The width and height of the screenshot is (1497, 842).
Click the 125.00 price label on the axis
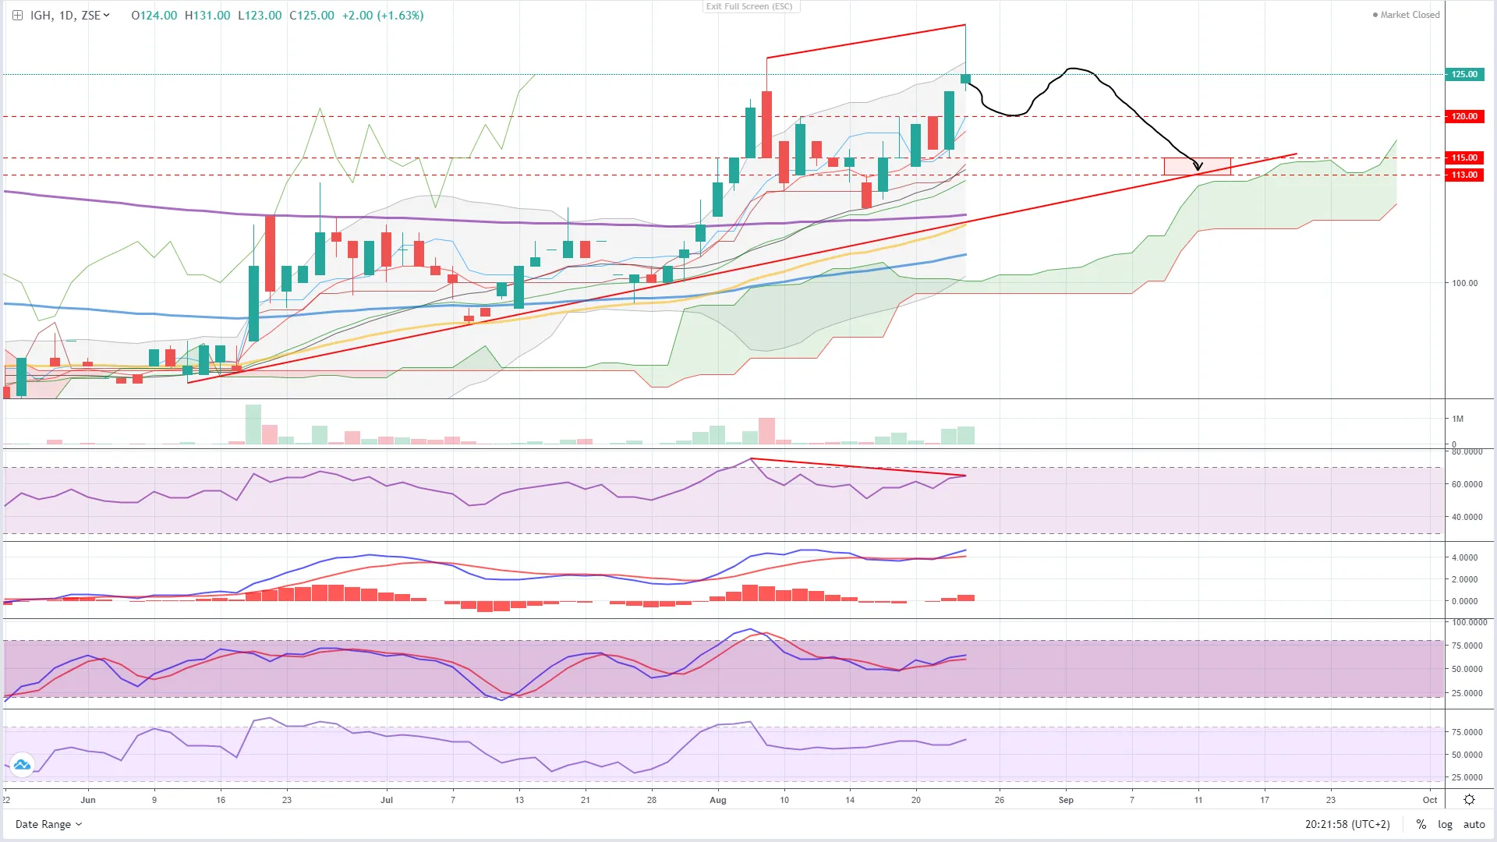tap(1463, 74)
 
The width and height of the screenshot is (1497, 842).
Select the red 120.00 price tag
tap(1463, 116)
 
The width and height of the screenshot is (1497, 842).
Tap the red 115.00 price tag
tap(1463, 157)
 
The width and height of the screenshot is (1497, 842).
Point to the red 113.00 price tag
tap(1463, 175)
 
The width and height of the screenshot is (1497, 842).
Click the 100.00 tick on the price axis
tap(1464, 283)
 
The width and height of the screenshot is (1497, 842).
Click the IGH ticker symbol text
tap(41, 15)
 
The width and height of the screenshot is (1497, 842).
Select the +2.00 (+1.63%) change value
tap(382, 15)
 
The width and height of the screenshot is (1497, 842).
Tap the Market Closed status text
tap(1410, 15)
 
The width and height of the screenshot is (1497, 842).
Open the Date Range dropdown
tap(48, 824)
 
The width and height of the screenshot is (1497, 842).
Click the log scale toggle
tap(1445, 824)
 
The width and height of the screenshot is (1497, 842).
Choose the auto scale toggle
tap(1474, 824)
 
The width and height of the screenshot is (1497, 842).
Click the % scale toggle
tap(1421, 824)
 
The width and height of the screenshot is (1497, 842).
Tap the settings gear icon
tap(1469, 800)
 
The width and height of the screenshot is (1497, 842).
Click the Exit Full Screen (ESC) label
tap(749, 6)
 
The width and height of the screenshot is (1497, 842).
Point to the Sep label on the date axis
tap(1066, 800)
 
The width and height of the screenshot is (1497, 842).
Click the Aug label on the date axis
tap(718, 800)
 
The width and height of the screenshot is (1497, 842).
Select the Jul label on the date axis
tap(387, 800)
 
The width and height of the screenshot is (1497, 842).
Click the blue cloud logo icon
tap(22, 765)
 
